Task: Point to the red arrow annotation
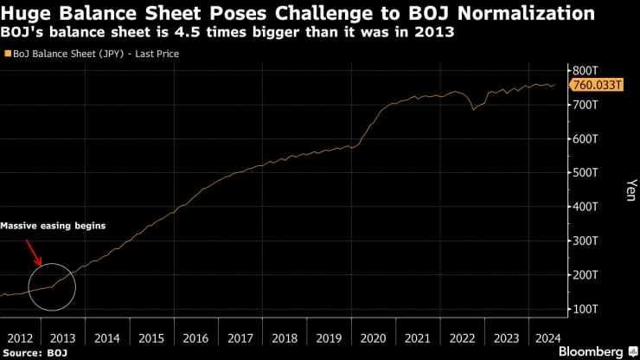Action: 35,254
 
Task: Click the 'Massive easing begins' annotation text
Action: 53,226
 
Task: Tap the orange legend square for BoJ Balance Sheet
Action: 8,54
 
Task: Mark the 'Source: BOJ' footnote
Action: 35,353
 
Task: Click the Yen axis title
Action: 629,190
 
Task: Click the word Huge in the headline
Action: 27,14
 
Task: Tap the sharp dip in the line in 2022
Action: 472,109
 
